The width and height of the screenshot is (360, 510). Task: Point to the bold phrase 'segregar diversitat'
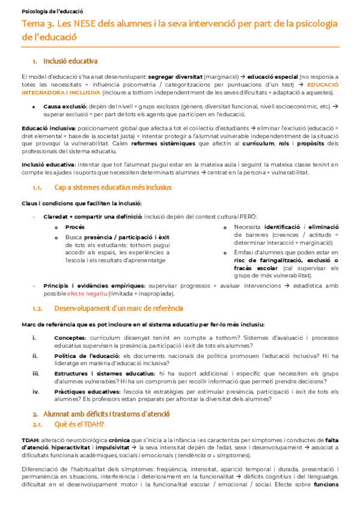pos(175,78)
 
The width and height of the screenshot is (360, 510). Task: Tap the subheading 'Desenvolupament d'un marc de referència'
pos(118,309)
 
